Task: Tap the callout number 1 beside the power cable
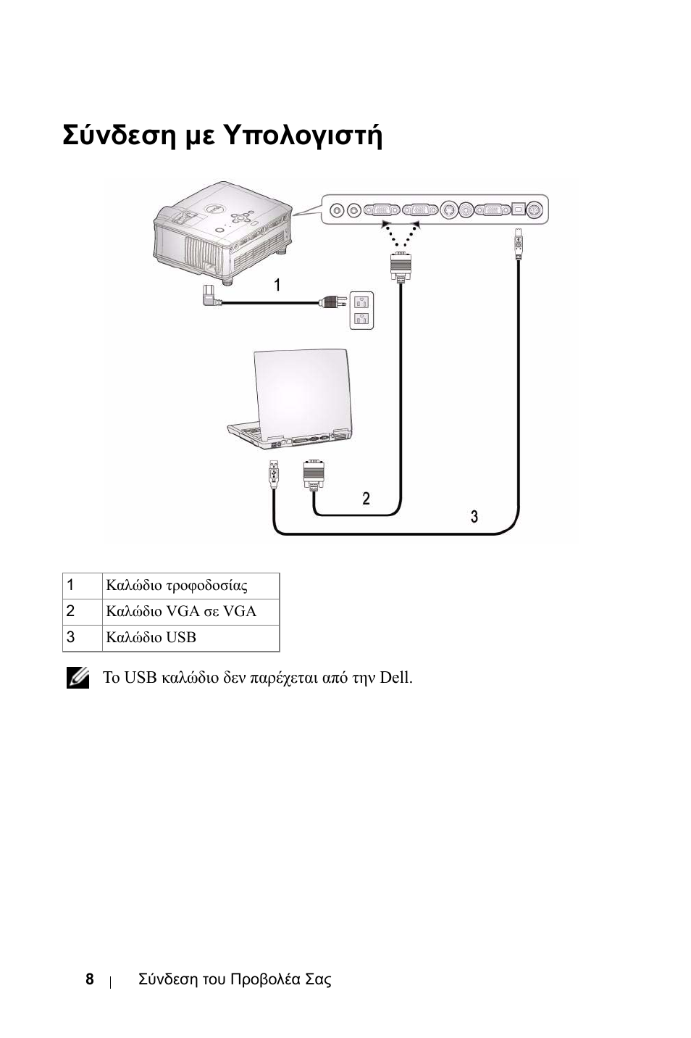click(x=277, y=285)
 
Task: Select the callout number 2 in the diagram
click(x=367, y=498)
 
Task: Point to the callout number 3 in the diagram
click(x=474, y=516)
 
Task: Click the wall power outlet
click(x=362, y=310)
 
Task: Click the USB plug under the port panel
click(x=518, y=245)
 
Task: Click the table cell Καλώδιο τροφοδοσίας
click(x=177, y=586)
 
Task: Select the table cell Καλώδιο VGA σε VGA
click(x=181, y=611)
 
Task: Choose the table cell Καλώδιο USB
click(x=151, y=637)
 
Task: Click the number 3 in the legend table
click(x=70, y=637)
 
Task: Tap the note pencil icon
click(x=78, y=677)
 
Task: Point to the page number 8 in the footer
click(x=89, y=979)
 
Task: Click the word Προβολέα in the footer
click(x=265, y=979)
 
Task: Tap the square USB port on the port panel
click(x=518, y=209)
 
